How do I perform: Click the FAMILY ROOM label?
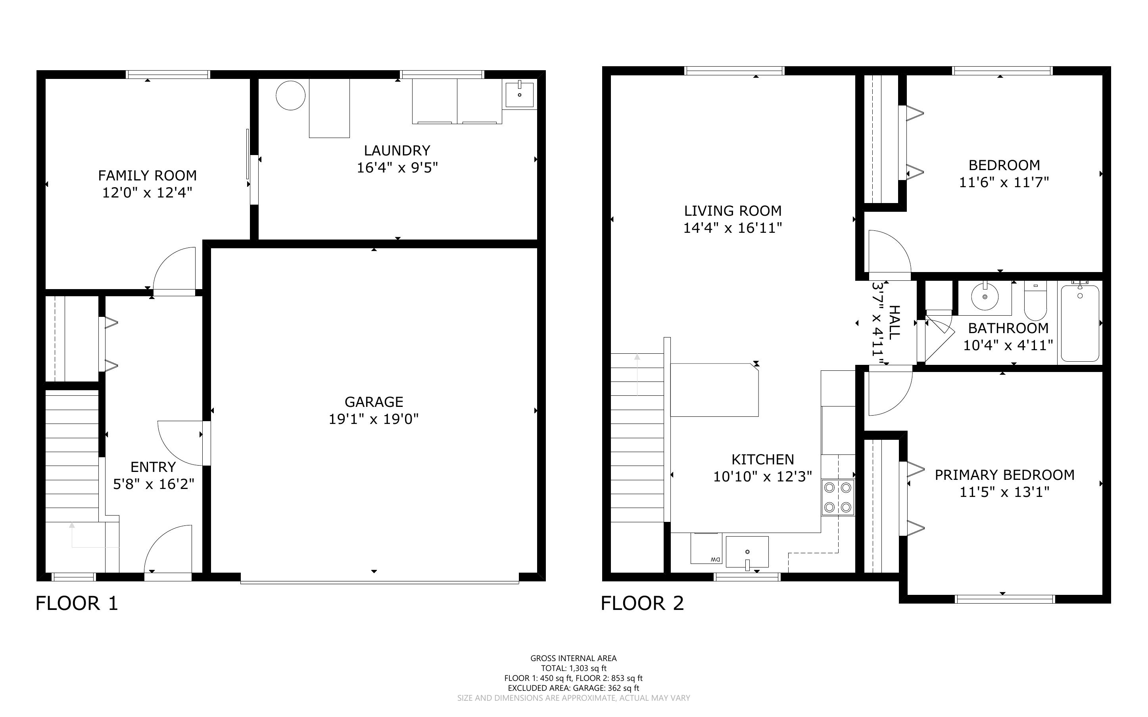[x=147, y=175]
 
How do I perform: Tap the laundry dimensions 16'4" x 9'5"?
[x=397, y=168]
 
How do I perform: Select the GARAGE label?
[x=374, y=402]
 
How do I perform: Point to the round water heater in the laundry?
[x=290, y=95]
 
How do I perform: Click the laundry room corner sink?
[x=520, y=94]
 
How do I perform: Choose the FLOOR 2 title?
[x=642, y=603]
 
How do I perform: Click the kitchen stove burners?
[x=838, y=497]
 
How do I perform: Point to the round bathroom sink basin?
[x=985, y=296]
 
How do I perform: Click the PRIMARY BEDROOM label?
[x=1004, y=475]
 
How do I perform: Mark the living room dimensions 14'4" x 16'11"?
[x=732, y=228]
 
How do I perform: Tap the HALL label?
[x=894, y=322]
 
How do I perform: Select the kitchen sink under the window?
[x=747, y=552]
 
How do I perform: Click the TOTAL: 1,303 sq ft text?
[x=574, y=668]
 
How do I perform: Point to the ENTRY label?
[x=153, y=467]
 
